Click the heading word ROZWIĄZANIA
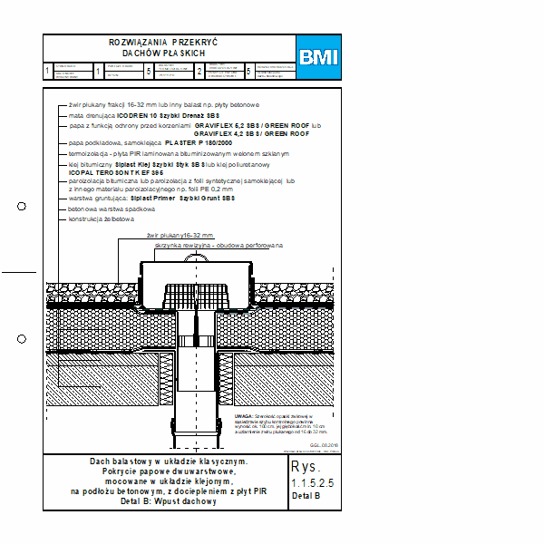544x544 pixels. click(138, 43)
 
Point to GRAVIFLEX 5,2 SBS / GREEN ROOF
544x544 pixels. click(258, 127)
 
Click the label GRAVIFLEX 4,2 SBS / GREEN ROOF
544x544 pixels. click(258, 134)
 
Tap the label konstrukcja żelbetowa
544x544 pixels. click(102, 219)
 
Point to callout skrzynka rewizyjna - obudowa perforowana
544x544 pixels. click(232, 245)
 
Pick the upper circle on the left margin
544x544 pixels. click(23, 207)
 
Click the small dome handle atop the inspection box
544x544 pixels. click(197, 258)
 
